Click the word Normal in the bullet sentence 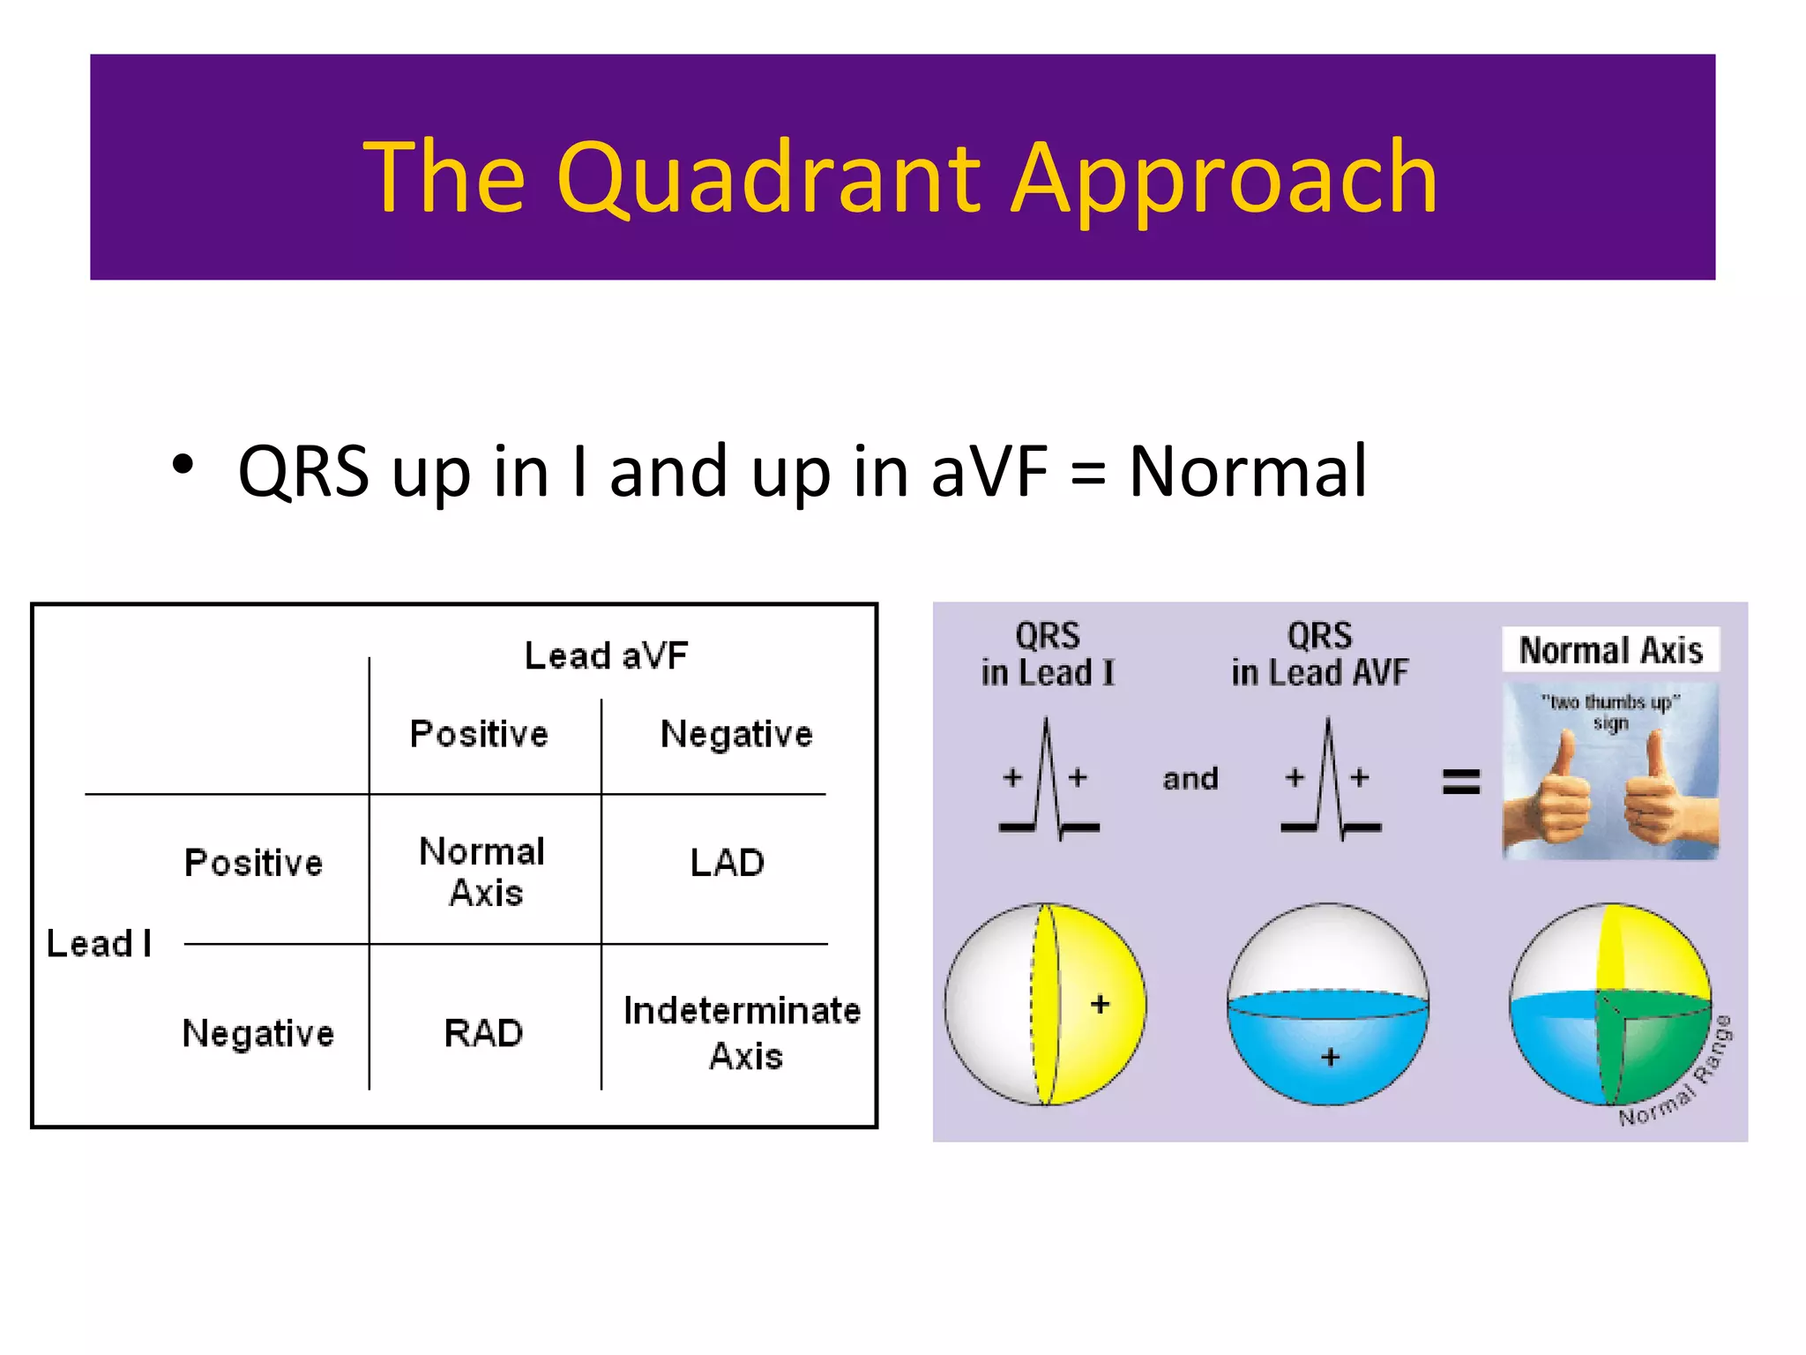1247,471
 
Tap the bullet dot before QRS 183,464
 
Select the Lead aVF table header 606,655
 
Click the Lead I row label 99,944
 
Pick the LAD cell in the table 727,863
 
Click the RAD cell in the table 483,1033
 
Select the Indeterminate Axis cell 742,1033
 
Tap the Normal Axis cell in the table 482,872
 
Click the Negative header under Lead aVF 735,734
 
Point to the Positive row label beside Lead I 253,863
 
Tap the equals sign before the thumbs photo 1460,781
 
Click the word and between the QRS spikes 1190,779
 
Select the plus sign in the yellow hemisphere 1099,1004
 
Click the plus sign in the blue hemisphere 1330,1056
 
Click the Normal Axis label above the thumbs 1610,650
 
